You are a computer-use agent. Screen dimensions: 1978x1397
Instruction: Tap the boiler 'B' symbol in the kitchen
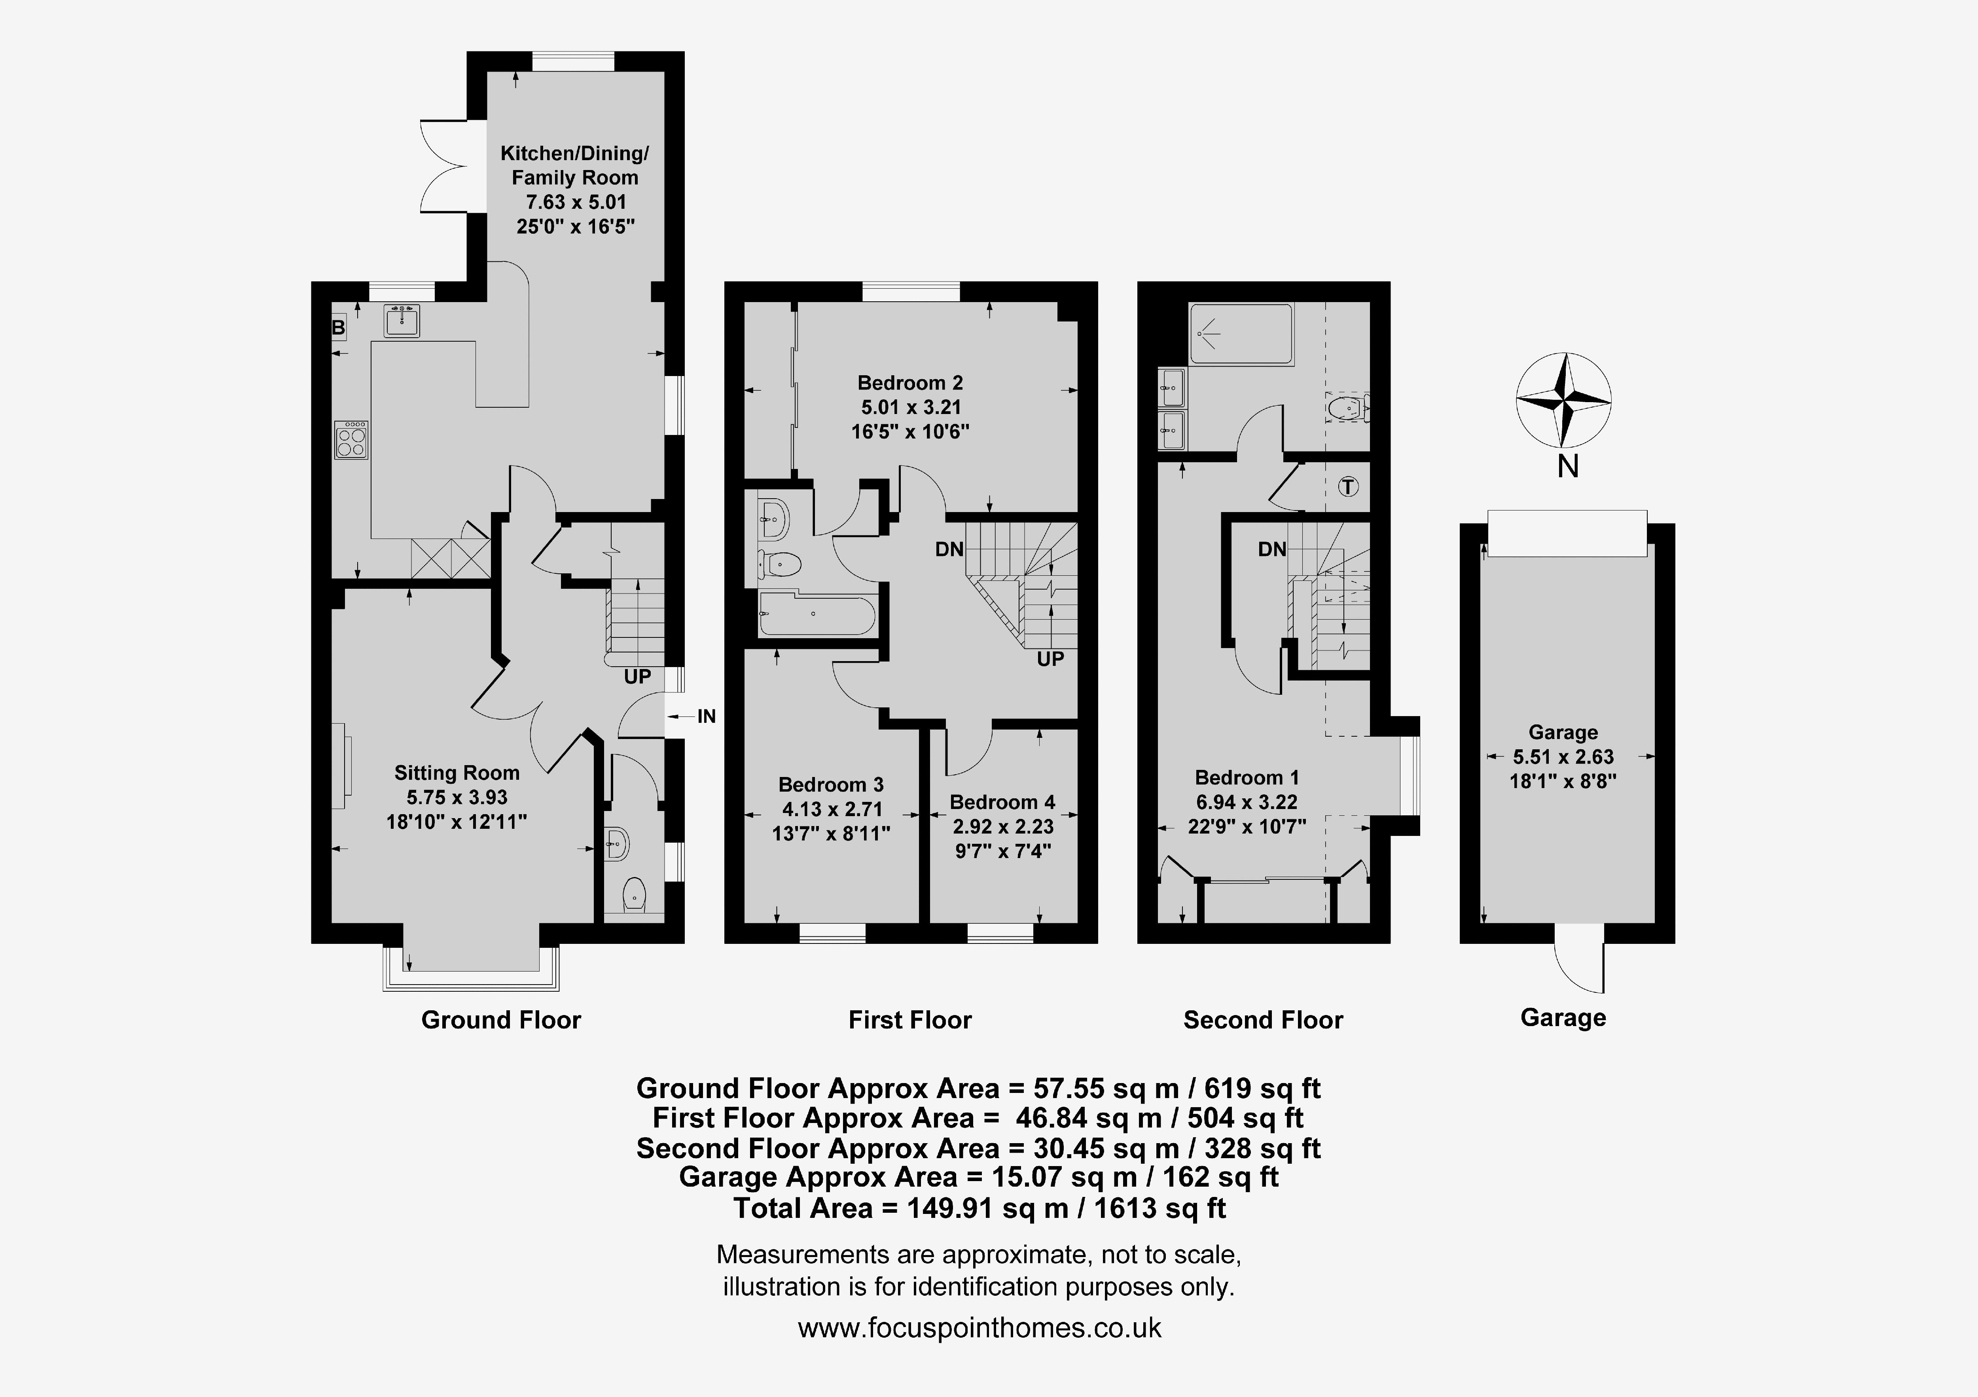(339, 327)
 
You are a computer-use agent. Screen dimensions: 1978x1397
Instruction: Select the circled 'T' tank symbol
(1348, 487)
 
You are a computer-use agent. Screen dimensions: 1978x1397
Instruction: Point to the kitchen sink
(402, 320)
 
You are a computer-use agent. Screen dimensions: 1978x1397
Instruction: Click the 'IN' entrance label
(707, 716)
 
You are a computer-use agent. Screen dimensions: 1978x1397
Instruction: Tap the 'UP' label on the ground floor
(637, 677)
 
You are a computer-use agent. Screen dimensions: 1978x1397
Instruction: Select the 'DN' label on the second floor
(1271, 548)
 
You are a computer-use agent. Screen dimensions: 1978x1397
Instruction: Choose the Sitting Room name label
(457, 773)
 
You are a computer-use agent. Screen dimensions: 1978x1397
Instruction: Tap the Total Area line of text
(980, 1208)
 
